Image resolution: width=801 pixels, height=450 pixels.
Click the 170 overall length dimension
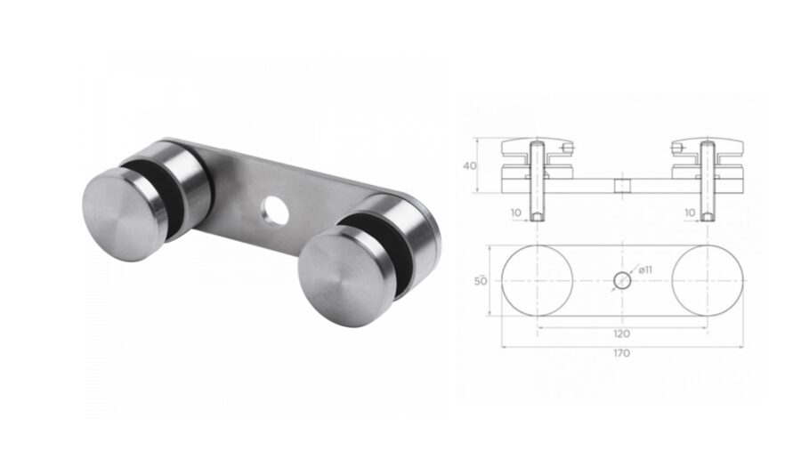click(621, 353)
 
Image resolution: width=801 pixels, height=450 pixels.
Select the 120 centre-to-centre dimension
click(621, 333)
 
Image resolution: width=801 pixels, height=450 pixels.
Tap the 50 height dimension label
click(481, 281)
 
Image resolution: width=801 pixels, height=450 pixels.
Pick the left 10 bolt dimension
click(516, 213)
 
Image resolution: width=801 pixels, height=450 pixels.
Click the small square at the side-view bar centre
click(622, 186)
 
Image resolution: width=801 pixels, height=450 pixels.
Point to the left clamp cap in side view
click(534, 146)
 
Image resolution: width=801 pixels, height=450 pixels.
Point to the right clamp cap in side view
click(708, 146)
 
